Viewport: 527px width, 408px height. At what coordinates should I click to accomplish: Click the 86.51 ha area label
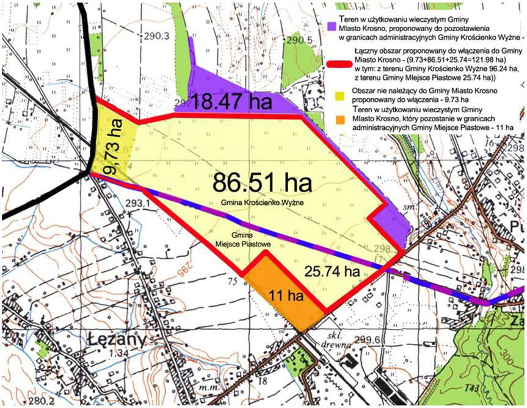[262, 181]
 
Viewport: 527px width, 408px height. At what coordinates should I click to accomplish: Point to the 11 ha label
[286, 296]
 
